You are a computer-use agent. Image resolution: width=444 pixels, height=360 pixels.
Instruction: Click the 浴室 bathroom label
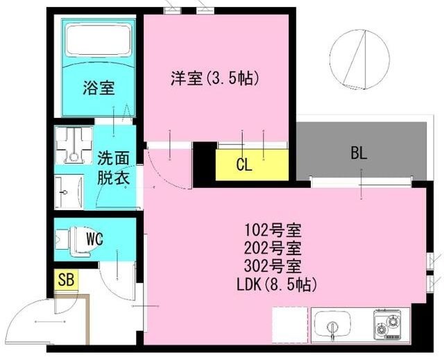[99, 88]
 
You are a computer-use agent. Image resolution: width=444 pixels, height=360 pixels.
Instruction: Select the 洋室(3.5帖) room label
[214, 78]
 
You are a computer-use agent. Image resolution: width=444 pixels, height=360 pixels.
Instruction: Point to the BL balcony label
[358, 154]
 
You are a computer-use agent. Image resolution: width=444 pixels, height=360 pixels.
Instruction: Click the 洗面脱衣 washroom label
[113, 167]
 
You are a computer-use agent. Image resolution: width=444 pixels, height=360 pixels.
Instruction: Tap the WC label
[95, 239]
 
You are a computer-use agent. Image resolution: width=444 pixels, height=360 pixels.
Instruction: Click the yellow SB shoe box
[66, 280]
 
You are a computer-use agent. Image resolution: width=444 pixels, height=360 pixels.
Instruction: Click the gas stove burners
[389, 323]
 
